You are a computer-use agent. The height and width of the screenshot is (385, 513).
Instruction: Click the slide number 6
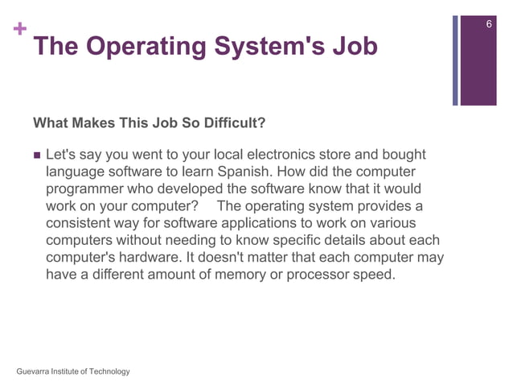point(490,27)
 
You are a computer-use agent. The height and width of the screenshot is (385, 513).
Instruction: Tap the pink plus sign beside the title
point(20,30)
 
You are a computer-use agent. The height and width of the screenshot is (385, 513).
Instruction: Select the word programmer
point(88,188)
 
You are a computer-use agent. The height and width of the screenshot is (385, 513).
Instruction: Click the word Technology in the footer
point(109,371)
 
